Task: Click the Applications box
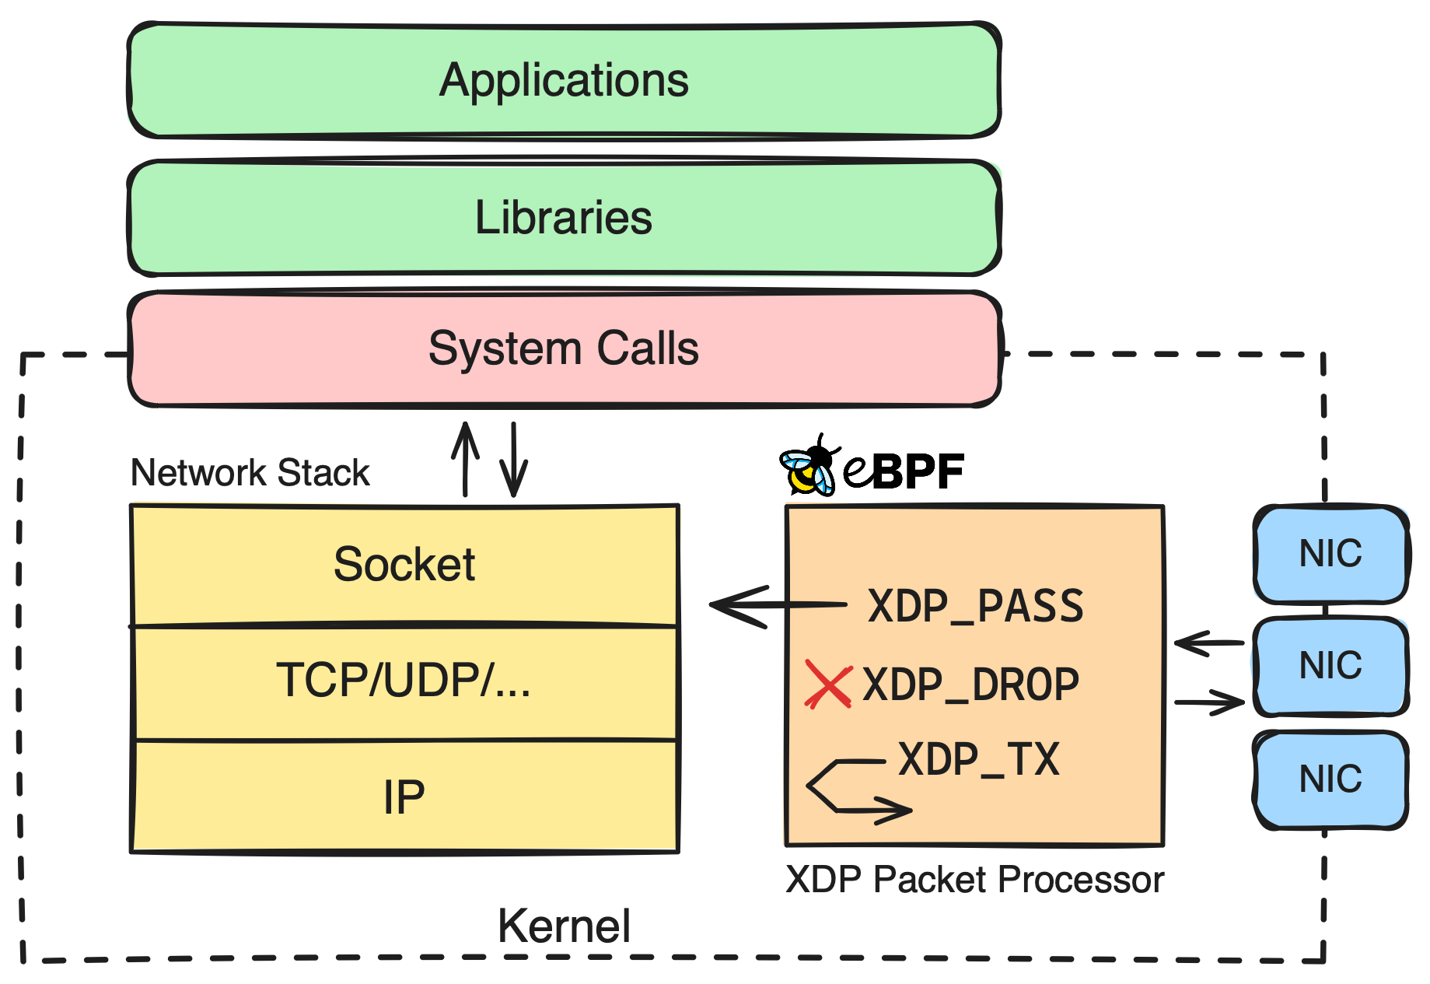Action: click(x=564, y=81)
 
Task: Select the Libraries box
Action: click(x=564, y=218)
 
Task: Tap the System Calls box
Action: click(x=564, y=348)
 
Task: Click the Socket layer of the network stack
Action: click(x=404, y=565)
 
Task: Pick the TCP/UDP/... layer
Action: click(x=404, y=681)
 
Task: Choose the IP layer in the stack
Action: click(x=404, y=797)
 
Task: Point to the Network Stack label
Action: click(x=250, y=473)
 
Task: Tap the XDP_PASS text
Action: click(x=975, y=607)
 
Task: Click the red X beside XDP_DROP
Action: click(x=827, y=685)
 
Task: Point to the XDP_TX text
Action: click(x=978, y=760)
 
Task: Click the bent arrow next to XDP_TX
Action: click(x=851, y=787)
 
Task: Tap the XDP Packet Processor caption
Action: click(x=974, y=881)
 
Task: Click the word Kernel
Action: click(x=564, y=926)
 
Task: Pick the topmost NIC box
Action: click(x=1330, y=554)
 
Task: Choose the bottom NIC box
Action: click(x=1330, y=779)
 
